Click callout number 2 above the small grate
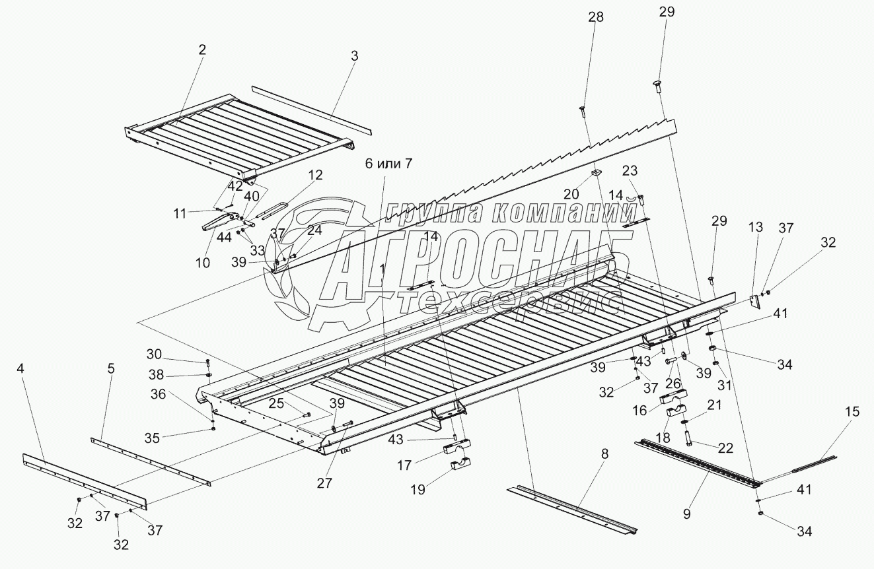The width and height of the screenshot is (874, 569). pyautogui.click(x=202, y=50)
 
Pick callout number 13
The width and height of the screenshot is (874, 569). pyautogui.click(x=755, y=226)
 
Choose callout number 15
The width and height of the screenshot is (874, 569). pyautogui.click(x=852, y=411)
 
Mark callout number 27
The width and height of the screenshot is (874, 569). pyautogui.click(x=324, y=483)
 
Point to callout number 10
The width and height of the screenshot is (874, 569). pyautogui.click(x=203, y=262)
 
